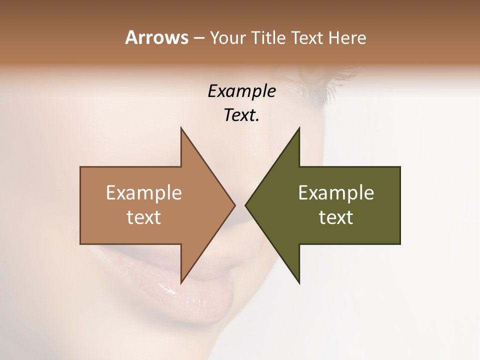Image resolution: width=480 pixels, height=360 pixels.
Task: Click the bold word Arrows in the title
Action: click(x=156, y=37)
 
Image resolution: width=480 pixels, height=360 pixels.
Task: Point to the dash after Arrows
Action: click(x=198, y=38)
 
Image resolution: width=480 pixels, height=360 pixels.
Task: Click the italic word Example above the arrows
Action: click(x=241, y=91)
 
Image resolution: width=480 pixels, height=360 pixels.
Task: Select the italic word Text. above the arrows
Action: click(x=241, y=115)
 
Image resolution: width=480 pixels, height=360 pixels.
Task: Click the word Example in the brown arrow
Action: click(x=143, y=192)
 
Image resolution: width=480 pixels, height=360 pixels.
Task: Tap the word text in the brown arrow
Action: click(x=143, y=217)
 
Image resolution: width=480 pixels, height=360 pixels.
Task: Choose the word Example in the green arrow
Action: click(x=336, y=192)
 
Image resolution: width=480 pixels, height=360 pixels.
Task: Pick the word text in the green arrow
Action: click(x=336, y=217)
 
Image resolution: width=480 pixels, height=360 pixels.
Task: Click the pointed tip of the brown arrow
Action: click(x=234, y=205)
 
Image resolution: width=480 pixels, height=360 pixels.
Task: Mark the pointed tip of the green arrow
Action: click(x=246, y=205)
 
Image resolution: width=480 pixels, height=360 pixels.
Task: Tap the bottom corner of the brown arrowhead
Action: click(x=181, y=282)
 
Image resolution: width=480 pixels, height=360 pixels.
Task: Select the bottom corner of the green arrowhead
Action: click(x=298, y=282)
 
